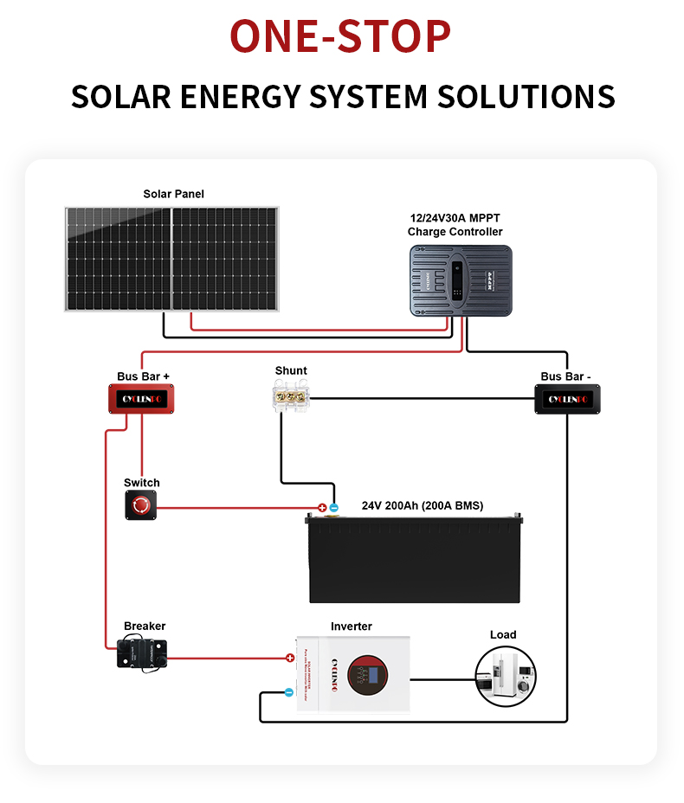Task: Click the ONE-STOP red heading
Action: (341, 36)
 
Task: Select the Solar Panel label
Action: (173, 194)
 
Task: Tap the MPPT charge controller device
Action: (461, 279)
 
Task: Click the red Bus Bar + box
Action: (142, 399)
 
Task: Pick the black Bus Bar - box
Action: (567, 399)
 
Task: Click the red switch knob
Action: (141, 504)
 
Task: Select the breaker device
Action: (142, 652)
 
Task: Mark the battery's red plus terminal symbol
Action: (322, 508)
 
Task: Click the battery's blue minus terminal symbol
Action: (333, 508)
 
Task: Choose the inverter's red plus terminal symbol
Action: (290, 658)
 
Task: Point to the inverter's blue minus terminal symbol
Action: (289, 692)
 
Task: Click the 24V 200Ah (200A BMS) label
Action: (423, 505)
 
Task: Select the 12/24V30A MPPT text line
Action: (455, 218)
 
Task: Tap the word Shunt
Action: (291, 370)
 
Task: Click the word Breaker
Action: (145, 626)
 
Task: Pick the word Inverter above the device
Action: (352, 626)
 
